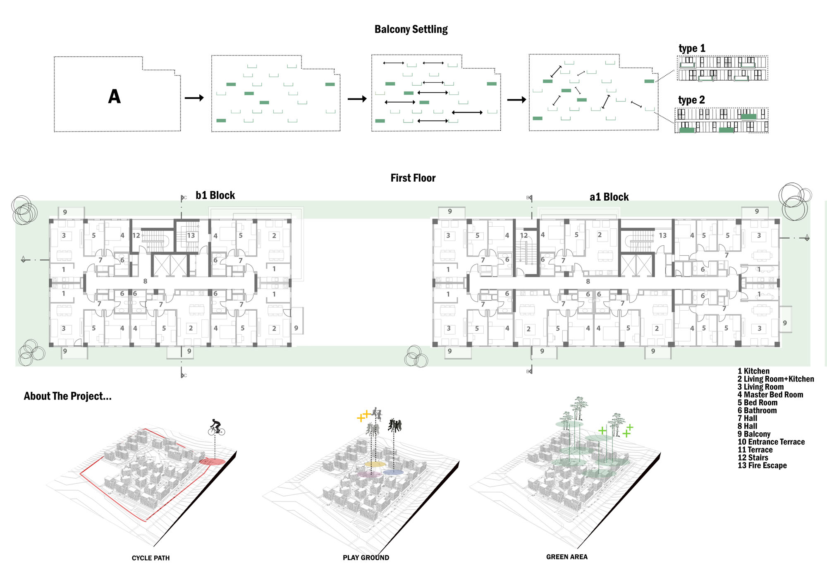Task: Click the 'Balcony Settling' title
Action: click(x=411, y=29)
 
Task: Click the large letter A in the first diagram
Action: click(x=115, y=97)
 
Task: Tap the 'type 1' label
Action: click(x=692, y=48)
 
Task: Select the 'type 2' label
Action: click(x=691, y=100)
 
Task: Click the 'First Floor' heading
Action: click(x=413, y=178)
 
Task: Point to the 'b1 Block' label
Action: click(x=215, y=195)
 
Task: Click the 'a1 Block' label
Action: click(x=609, y=197)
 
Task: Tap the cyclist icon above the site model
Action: click(x=216, y=427)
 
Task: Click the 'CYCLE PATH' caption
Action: click(x=151, y=558)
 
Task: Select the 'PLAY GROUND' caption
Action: click(x=366, y=558)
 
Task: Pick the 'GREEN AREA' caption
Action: click(x=567, y=557)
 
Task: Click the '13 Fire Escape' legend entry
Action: click(x=762, y=465)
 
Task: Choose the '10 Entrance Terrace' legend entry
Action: click(x=771, y=442)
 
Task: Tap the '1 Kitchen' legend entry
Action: click(x=753, y=371)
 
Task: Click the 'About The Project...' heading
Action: click(x=68, y=396)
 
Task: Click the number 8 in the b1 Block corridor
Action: click(x=145, y=281)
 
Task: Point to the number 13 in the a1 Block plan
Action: click(x=663, y=235)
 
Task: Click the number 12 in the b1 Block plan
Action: click(x=136, y=235)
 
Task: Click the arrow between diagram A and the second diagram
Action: click(x=194, y=98)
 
